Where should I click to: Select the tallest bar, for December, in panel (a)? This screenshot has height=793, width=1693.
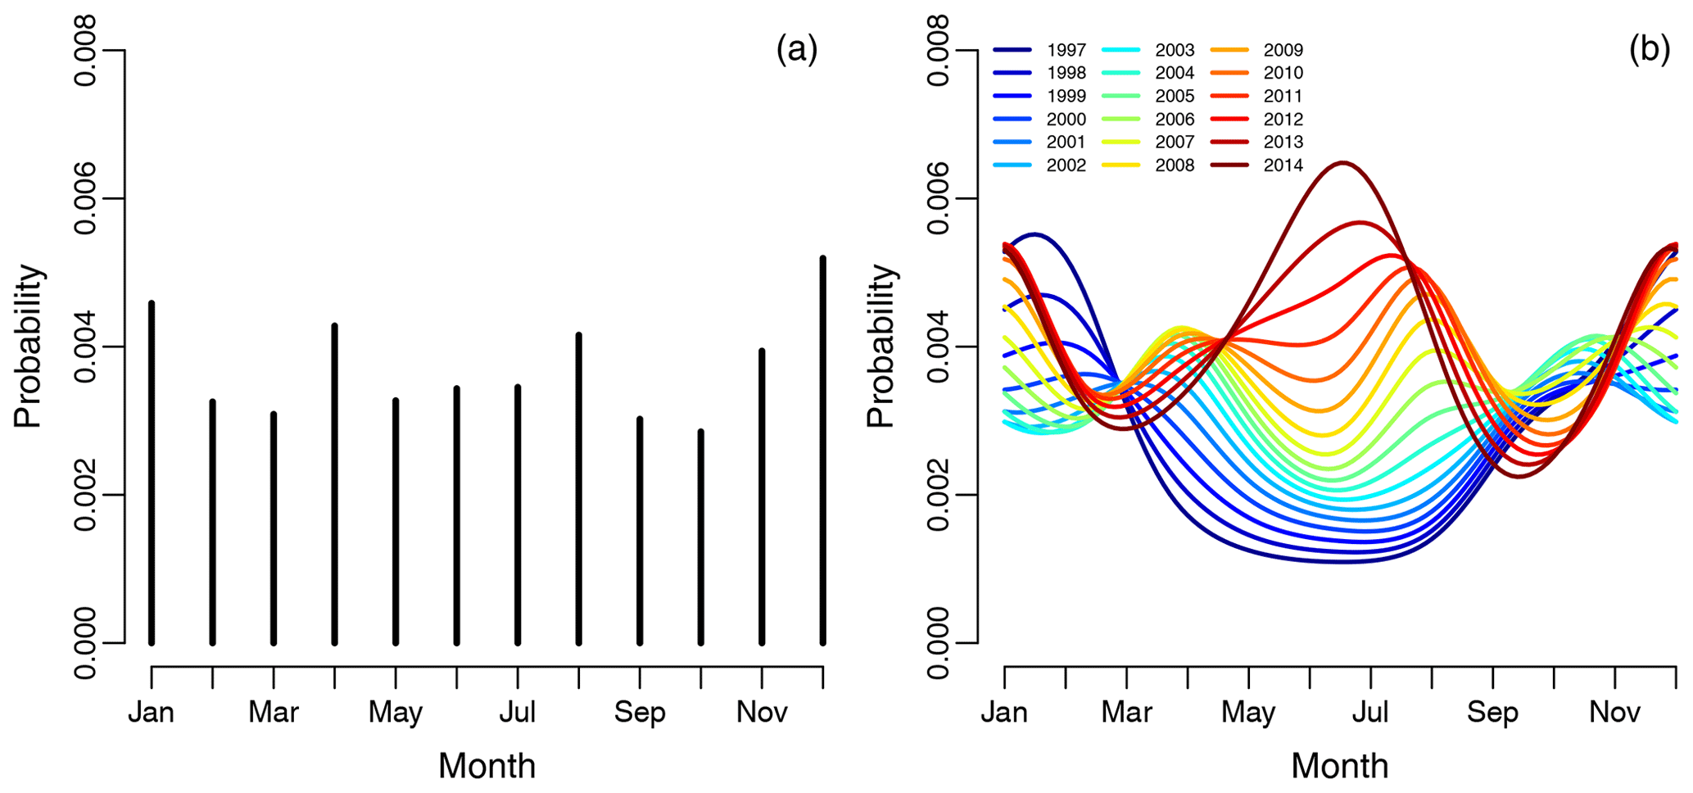pos(823,451)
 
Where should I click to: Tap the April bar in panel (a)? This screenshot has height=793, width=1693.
pos(335,484)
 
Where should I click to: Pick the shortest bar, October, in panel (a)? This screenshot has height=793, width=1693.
pos(701,537)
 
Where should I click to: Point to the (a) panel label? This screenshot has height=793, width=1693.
pos(796,50)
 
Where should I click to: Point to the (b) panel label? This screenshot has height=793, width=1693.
pos(1649,50)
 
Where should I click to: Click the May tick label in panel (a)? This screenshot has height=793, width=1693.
pos(396,712)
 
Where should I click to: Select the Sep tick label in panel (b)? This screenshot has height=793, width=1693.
pos(1492,712)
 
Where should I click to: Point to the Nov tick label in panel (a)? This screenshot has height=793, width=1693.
pos(762,712)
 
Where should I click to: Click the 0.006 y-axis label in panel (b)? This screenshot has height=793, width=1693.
pos(939,198)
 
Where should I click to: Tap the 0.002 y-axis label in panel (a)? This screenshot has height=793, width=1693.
pos(85,495)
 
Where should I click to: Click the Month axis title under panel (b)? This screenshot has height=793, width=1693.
pos(1340,766)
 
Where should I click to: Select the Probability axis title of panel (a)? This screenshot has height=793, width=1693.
pos(28,347)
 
